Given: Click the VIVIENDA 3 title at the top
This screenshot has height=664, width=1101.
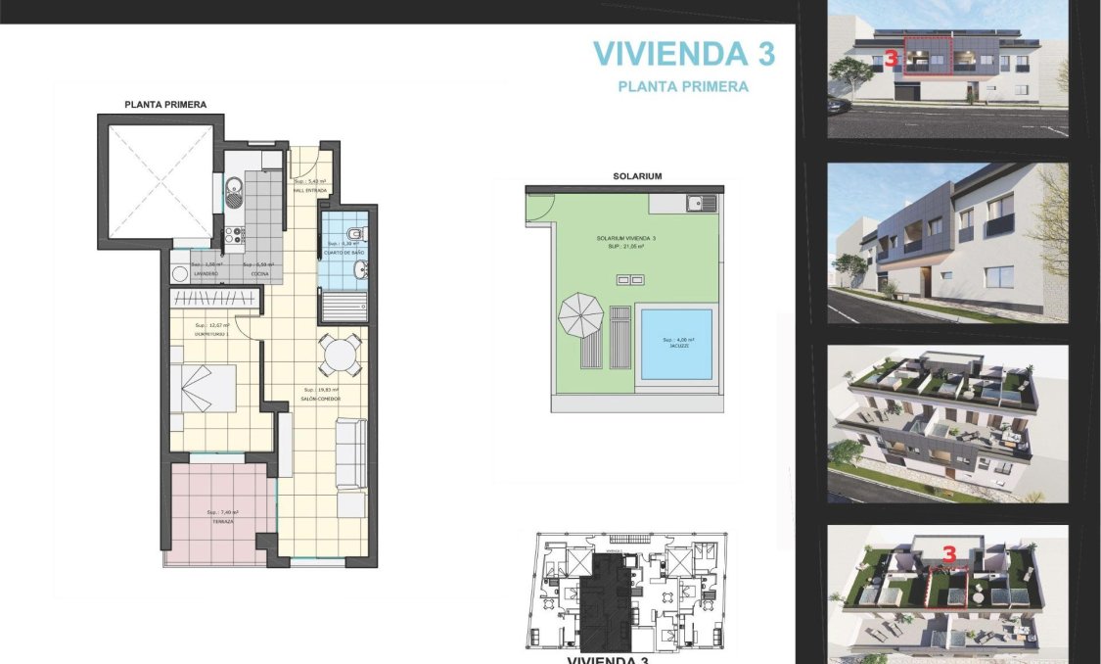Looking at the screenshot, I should [683, 53].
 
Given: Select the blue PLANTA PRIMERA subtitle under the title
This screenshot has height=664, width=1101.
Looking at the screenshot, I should [683, 86].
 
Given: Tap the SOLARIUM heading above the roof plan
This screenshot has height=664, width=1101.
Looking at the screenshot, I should [637, 176].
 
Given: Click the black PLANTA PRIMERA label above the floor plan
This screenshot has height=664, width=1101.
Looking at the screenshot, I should [165, 104].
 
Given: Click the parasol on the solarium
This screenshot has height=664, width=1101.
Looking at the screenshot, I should [580, 316].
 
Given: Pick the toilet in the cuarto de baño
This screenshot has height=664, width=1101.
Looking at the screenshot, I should [358, 233].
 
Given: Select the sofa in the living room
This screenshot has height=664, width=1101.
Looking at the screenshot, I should [350, 453].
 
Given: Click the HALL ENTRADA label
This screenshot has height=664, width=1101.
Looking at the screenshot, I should [309, 190].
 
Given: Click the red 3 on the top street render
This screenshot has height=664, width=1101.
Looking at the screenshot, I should [891, 59].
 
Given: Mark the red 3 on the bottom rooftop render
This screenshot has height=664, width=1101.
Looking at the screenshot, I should [948, 553].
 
